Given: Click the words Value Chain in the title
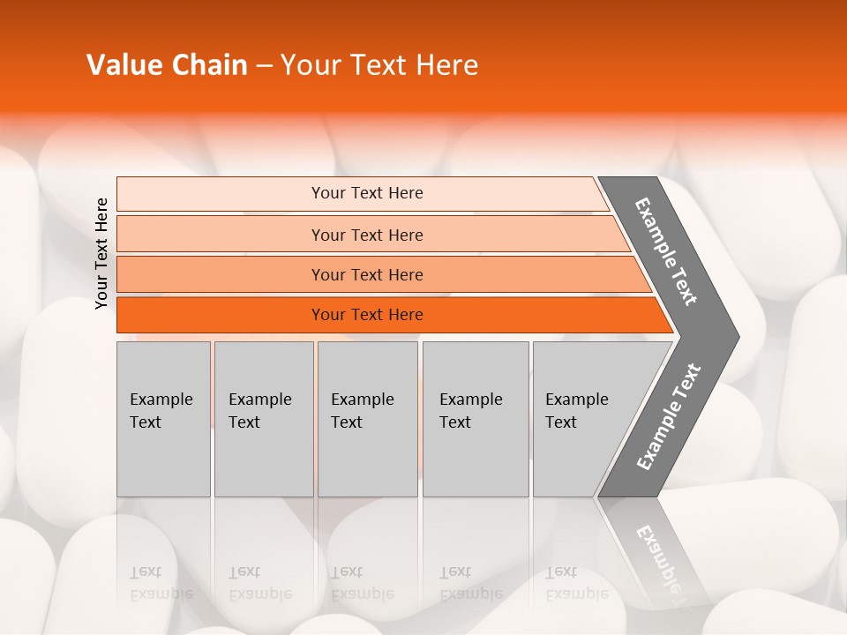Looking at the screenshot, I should [x=167, y=65].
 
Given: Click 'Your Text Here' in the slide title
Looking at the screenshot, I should [x=379, y=65].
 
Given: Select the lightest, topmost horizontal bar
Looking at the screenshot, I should [x=221, y=194].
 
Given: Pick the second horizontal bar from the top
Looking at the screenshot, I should [x=221, y=235].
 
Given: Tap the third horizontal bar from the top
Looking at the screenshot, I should [x=221, y=274].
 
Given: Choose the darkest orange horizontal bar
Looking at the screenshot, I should [x=221, y=315].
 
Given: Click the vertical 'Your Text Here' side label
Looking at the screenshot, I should [x=101, y=254].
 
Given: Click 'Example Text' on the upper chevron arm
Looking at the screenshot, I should [x=666, y=251].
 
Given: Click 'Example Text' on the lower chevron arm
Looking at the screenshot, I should [x=669, y=416].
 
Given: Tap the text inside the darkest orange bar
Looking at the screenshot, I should [x=367, y=315].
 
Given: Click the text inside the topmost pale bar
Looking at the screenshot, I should [x=367, y=193].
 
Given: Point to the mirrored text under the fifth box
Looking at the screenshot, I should [x=576, y=583].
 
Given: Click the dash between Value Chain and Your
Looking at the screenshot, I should [x=264, y=66].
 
